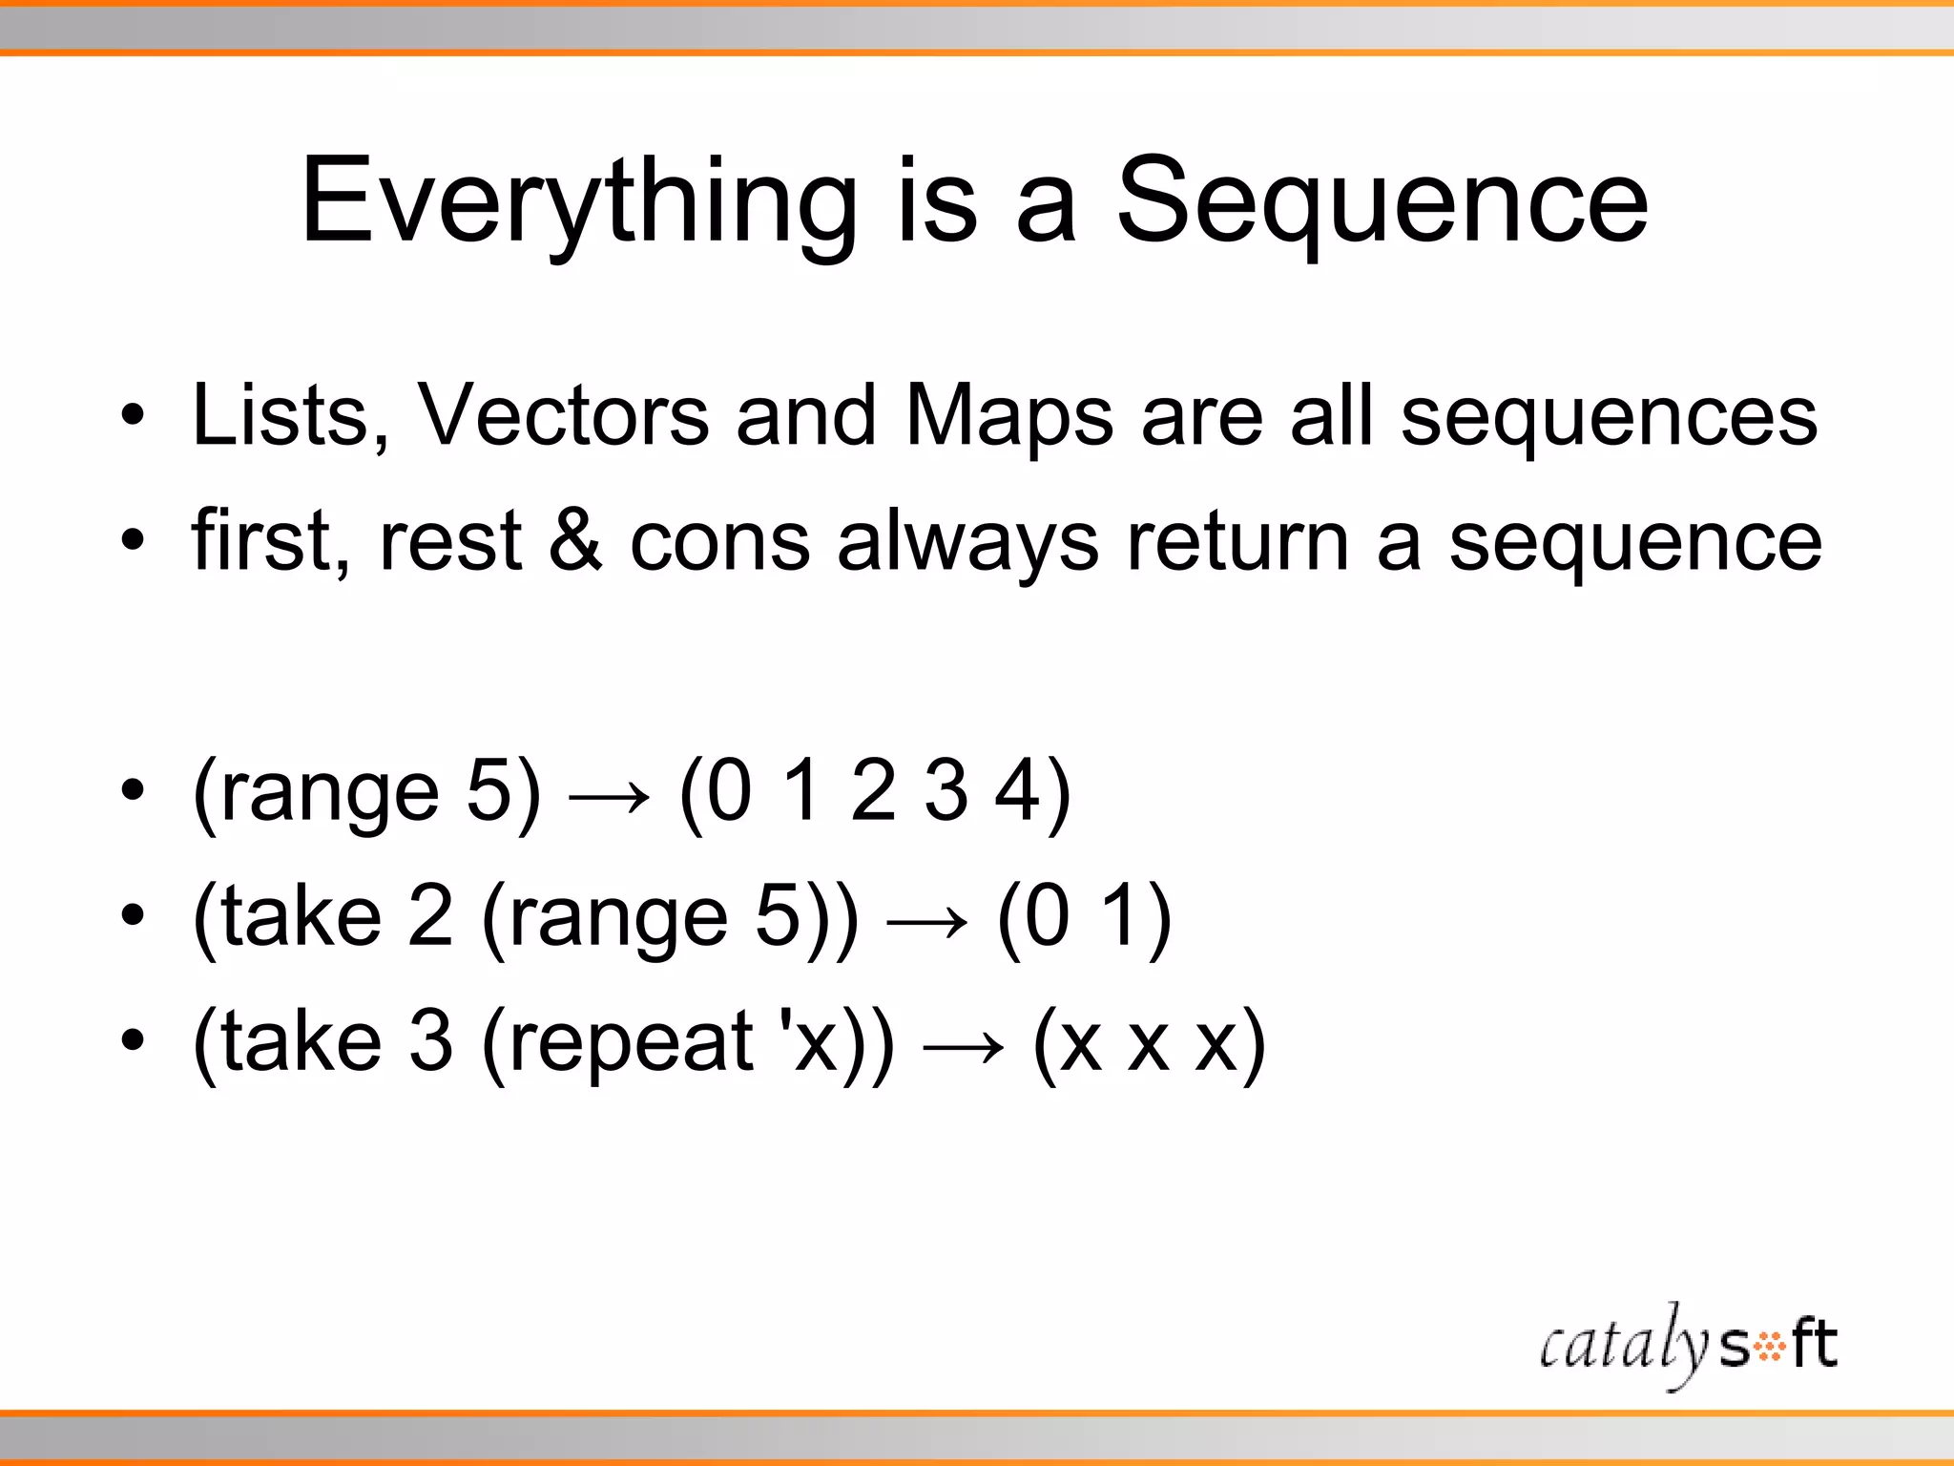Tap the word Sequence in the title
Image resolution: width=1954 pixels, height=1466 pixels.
[x=1382, y=202]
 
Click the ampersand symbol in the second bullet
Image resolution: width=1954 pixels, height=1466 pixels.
[x=576, y=540]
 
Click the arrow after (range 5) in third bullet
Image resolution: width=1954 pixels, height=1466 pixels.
[x=609, y=795]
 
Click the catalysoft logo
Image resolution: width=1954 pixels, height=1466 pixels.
[x=1687, y=1345]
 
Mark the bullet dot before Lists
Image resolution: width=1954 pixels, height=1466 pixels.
[x=133, y=416]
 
